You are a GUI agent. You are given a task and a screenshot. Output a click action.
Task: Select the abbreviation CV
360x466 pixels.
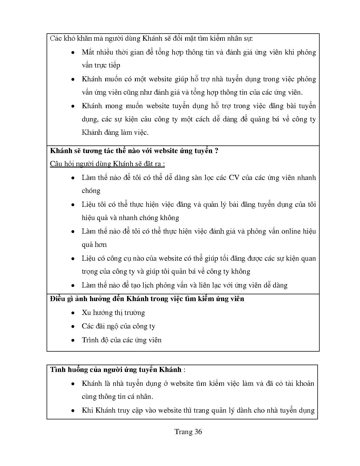click(x=234, y=177)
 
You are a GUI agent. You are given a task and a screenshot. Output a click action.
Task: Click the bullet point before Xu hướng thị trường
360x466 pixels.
click(x=73, y=313)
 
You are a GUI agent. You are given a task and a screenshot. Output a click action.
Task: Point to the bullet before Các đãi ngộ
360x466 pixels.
click(x=73, y=326)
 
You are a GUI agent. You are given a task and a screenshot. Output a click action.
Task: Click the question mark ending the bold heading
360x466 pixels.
click(x=216, y=151)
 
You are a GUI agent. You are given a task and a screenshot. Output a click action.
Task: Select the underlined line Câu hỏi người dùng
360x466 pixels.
click(x=107, y=164)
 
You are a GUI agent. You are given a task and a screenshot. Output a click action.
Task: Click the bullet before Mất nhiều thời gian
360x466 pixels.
click(x=73, y=53)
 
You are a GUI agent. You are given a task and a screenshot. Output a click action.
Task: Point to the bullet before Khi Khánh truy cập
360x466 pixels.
click(x=73, y=410)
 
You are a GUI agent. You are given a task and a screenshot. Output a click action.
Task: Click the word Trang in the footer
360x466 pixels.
click(x=183, y=432)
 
